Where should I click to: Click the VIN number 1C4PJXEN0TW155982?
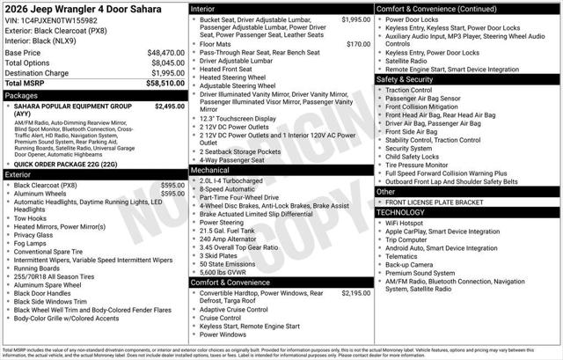[x=69, y=19]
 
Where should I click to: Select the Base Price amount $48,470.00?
[x=166, y=53]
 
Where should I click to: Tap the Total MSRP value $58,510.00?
[x=166, y=83]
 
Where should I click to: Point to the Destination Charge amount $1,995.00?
[x=166, y=72]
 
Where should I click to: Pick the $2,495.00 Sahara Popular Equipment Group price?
[x=169, y=107]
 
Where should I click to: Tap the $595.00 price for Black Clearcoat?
[x=172, y=186]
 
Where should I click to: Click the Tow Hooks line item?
[x=32, y=218]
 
